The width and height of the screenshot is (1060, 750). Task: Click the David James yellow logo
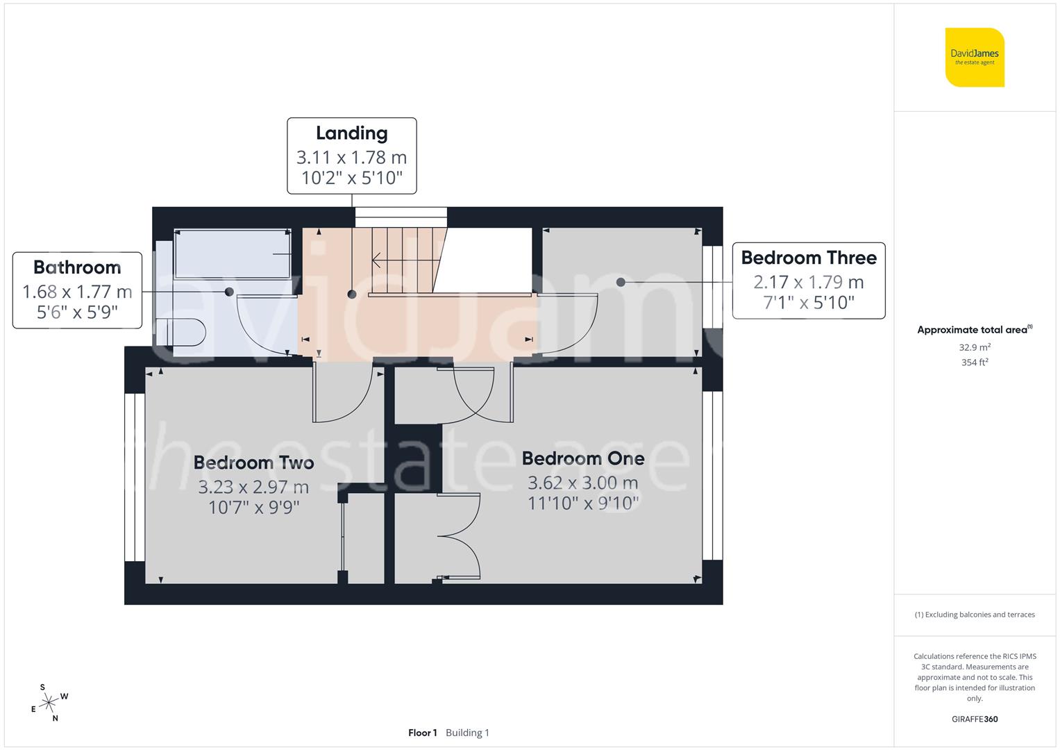click(975, 58)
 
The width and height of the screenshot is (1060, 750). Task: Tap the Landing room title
click(352, 133)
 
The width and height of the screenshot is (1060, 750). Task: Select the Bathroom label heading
click(77, 267)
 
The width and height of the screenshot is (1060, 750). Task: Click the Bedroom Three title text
click(809, 258)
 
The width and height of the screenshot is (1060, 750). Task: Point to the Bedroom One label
click(583, 458)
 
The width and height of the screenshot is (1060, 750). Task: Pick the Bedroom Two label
click(253, 462)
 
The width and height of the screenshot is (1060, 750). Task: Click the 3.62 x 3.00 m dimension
click(583, 483)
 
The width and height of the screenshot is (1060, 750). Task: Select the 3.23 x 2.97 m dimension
click(253, 487)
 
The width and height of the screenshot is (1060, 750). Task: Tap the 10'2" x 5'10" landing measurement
click(352, 178)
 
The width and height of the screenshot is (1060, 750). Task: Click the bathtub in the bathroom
click(233, 254)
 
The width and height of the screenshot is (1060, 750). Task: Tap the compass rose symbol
click(49, 703)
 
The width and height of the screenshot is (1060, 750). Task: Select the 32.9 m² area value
click(975, 347)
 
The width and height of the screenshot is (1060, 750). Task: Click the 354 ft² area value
click(975, 362)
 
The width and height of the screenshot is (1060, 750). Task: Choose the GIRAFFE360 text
click(975, 719)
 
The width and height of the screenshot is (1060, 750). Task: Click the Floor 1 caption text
click(422, 733)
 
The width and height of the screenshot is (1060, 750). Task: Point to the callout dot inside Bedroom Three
click(621, 282)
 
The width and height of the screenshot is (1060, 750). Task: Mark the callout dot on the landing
click(352, 294)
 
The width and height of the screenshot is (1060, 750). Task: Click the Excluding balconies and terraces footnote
click(975, 615)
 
